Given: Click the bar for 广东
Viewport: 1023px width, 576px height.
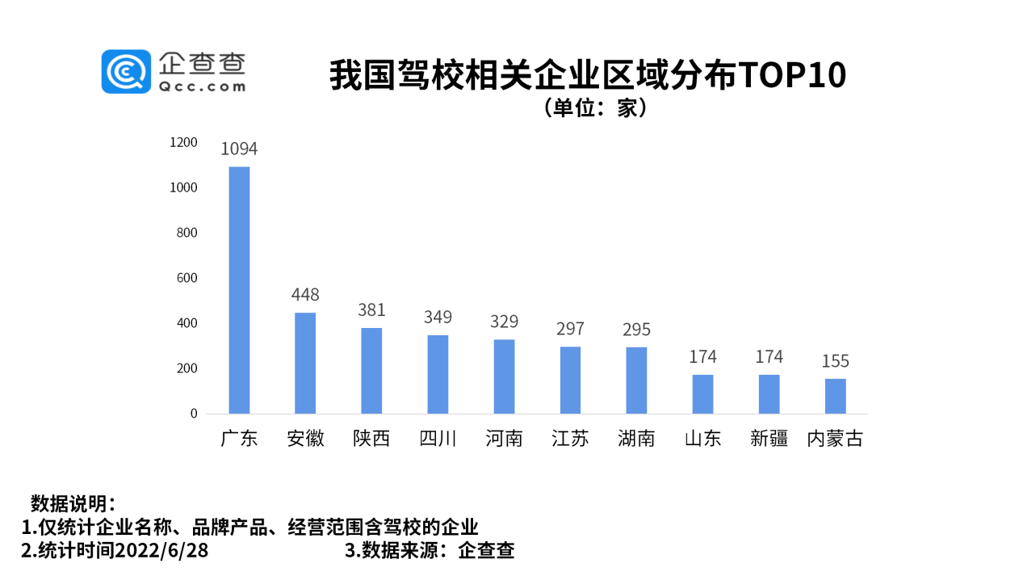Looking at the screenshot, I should point(239,290).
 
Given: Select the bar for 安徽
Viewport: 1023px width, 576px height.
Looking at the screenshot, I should point(305,363).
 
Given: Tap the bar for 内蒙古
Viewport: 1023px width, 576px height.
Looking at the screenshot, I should point(835,396).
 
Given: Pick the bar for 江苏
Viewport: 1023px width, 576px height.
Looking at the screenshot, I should point(570,380).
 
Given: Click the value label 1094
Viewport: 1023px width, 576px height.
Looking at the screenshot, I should point(239,149).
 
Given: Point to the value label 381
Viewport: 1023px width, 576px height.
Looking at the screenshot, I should point(371,310).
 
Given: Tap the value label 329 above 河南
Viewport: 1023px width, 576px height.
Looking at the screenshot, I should point(504,321).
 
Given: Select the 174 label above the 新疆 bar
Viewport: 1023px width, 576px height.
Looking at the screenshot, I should point(769,356).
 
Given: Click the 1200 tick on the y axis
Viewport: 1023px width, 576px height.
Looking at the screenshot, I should point(183,142).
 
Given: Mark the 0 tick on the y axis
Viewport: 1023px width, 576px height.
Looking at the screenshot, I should point(194,414).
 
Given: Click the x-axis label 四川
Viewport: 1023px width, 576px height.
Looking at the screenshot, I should point(438,439).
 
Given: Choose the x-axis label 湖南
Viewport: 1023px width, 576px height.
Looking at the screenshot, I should point(636,439).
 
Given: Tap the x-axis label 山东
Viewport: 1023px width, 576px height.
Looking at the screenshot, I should point(702,439).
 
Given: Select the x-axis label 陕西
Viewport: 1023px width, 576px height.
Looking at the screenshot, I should point(371,439).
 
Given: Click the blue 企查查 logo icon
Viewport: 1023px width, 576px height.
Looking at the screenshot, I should point(125,71).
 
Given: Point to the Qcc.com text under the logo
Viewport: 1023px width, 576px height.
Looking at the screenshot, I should point(203,86).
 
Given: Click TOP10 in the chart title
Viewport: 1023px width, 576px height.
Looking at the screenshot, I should point(792,76).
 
